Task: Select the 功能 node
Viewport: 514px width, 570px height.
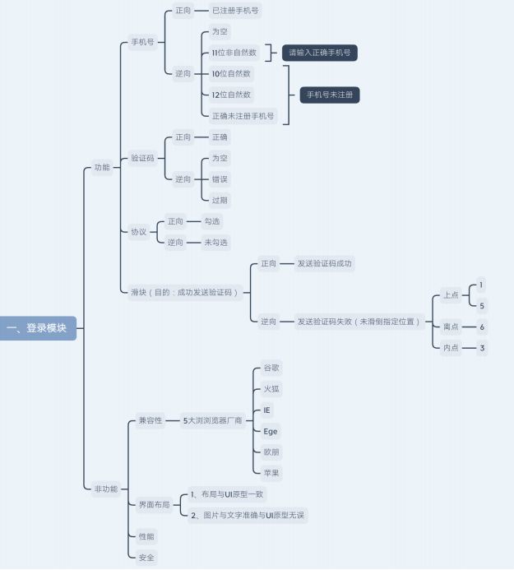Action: [x=101, y=168]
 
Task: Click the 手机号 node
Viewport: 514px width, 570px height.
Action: [x=142, y=43]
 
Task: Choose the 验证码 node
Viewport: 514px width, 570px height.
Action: [x=142, y=158]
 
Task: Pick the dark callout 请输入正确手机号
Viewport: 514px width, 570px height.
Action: [x=319, y=53]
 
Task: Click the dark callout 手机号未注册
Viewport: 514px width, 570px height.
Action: [x=329, y=95]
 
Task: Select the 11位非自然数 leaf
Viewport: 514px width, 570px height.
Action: [x=234, y=53]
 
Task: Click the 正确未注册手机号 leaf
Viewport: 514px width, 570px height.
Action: [x=243, y=116]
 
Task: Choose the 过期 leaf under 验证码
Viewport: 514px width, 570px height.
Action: [x=220, y=200]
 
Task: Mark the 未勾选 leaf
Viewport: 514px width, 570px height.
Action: [x=217, y=243]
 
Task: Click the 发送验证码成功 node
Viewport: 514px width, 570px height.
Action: [x=325, y=264]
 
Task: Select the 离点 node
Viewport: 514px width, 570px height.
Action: [x=451, y=327]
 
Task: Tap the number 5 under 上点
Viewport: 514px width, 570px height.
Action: [x=482, y=306]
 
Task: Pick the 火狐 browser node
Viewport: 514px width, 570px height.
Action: [x=271, y=388]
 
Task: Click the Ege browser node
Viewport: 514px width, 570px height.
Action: [x=271, y=431]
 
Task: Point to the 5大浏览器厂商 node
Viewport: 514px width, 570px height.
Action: [x=213, y=420]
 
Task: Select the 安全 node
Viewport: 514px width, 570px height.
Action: [x=145, y=558]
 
